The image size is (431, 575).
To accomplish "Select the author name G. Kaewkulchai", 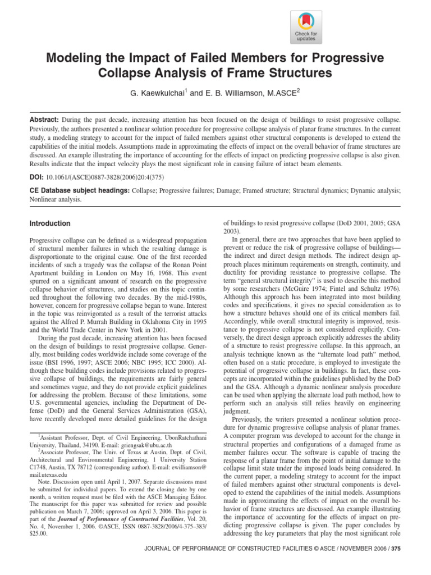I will click(x=153, y=93).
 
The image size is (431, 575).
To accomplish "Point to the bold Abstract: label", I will click(x=44, y=120).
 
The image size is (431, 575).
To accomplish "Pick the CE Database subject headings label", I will click(x=79, y=191).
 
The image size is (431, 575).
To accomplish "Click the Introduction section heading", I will click(x=50, y=223).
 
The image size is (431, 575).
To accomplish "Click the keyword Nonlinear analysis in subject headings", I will click(x=56, y=199).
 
